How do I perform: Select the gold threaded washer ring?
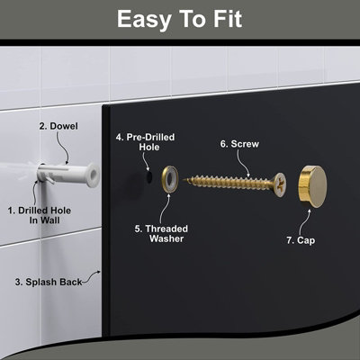pos(169,177)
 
